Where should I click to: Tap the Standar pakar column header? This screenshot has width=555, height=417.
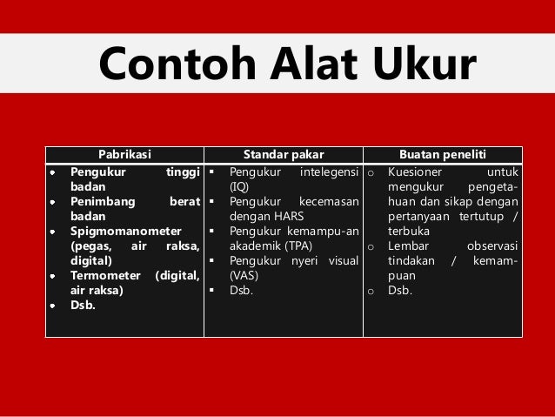point(283,154)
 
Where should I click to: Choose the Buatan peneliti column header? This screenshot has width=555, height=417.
point(442,154)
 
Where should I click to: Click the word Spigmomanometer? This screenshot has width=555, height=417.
point(126,231)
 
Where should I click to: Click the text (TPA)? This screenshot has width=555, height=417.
point(301,245)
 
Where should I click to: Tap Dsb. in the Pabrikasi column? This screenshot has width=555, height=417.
point(84,306)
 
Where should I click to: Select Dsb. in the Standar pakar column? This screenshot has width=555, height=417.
point(241,290)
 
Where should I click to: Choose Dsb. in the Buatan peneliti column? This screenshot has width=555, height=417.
point(400,290)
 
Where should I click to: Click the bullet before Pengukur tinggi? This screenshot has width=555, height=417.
point(53,172)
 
